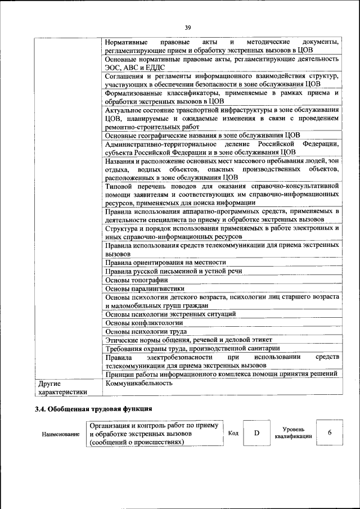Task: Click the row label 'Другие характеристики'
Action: pos(62,388)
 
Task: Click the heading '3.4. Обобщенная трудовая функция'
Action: pos(93,408)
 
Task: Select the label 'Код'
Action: pos(233,433)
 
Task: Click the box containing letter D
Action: pos(256,433)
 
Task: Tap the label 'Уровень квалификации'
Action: pos(293,433)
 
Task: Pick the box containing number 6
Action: pos(330,433)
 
